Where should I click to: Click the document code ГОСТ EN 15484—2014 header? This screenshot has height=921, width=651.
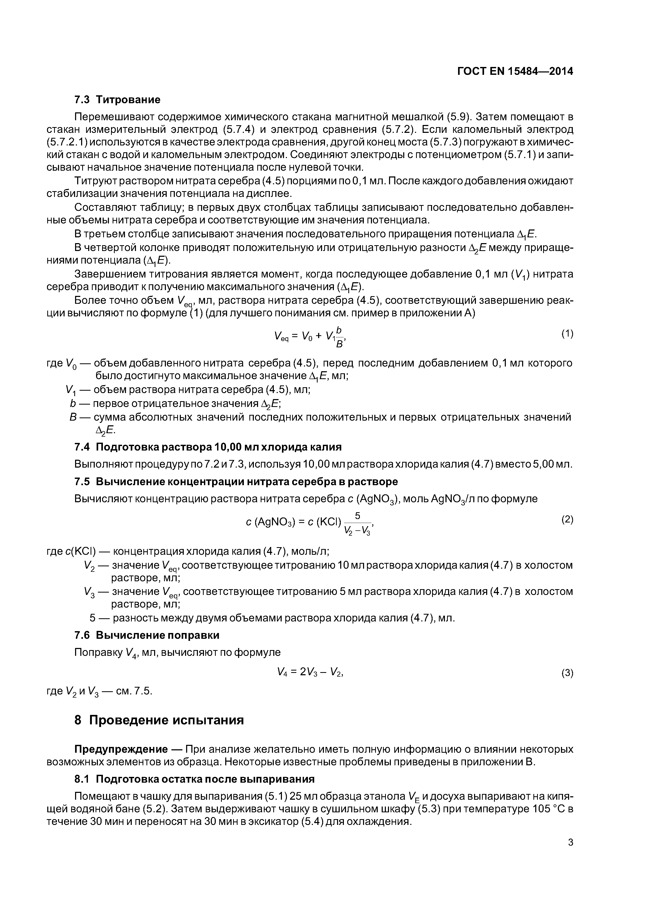[515, 71]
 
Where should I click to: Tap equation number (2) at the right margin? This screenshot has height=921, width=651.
[567, 520]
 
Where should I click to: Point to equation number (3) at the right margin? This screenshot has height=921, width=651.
[567, 673]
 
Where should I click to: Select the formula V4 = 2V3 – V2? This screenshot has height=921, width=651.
[310, 672]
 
